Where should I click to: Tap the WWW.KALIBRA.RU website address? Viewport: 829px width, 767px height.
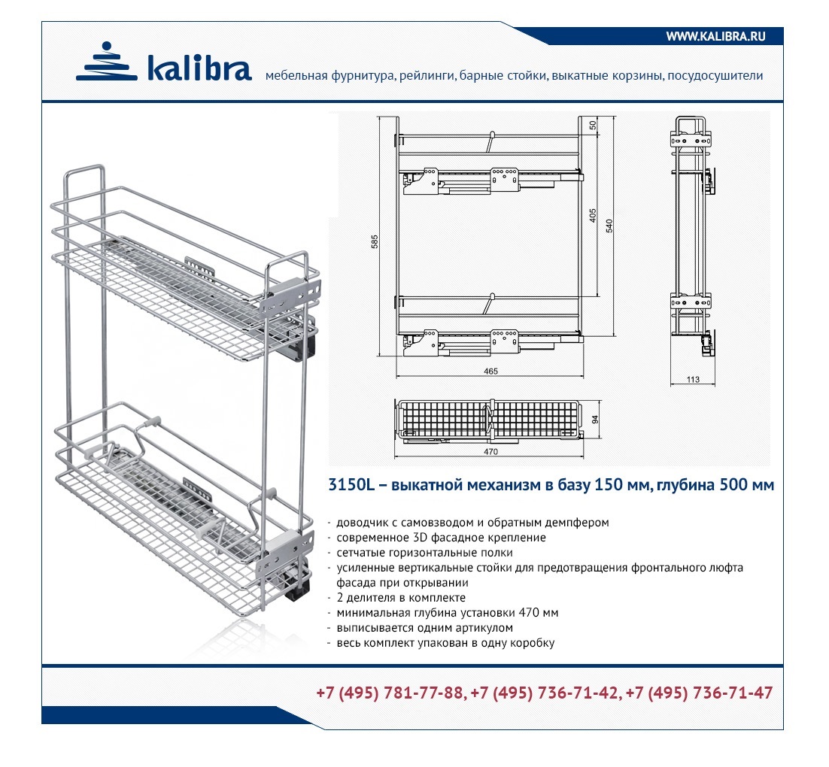point(716,37)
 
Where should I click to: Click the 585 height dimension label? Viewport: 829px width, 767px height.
point(375,241)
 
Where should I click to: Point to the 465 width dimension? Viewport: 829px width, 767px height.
point(490,371)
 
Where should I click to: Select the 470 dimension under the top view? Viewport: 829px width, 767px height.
point(490,451)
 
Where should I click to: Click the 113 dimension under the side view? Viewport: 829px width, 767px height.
point(693,379)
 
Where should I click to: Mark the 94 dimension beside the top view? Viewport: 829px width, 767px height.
point(595,419)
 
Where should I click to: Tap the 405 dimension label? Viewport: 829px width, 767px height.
point(593,215)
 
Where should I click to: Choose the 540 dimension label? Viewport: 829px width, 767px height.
point(609,226)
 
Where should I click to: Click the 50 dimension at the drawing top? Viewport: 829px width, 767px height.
point(593,126)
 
